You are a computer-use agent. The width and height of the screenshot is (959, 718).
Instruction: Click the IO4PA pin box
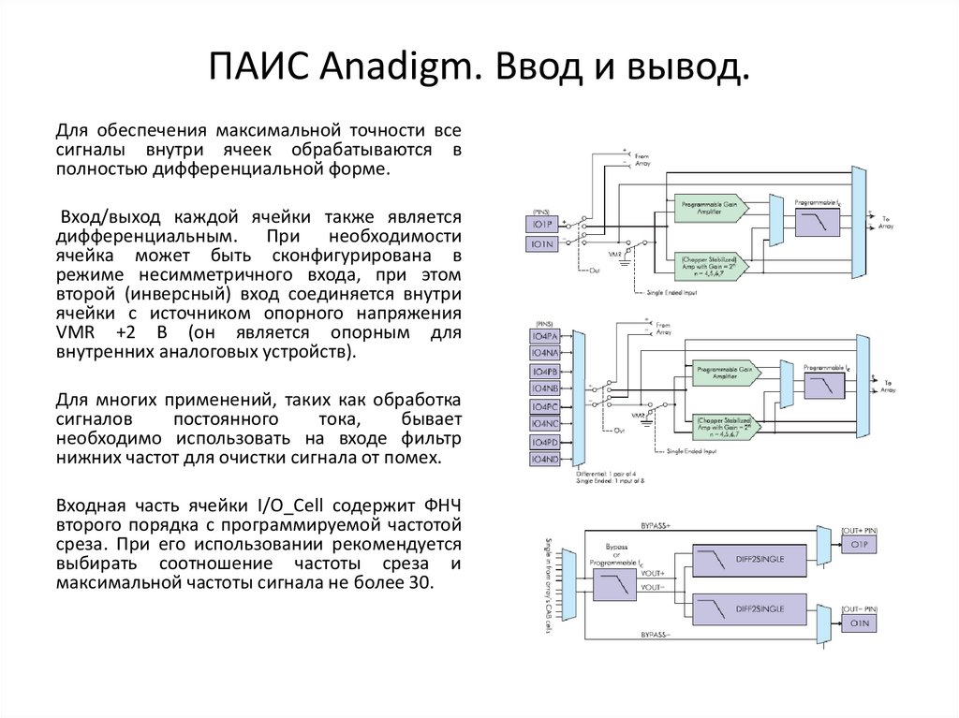pyautogui.click(x=544, y=335)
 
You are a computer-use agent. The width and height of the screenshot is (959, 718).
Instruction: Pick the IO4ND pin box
pyautogui.click(x=544, y=460)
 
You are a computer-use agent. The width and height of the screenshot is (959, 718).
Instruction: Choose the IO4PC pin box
pyautogui.click(x=544, y=406)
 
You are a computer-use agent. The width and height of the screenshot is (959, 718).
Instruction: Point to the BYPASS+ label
pyautogui.click(x=658, y=526)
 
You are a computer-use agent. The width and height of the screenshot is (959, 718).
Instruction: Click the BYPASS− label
pyautogui.click(x=658, y=635)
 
